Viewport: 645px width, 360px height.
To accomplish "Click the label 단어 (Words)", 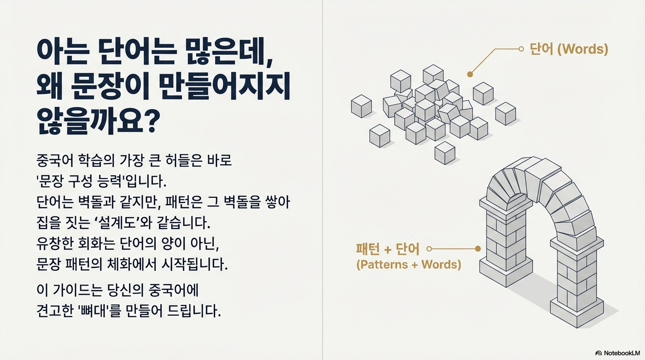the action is pos(569,49).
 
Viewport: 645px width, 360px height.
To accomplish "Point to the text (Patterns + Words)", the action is pos(408,264).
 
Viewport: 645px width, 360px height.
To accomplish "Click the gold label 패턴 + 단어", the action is pos(388,249).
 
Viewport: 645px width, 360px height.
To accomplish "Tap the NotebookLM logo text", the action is pos(622,352).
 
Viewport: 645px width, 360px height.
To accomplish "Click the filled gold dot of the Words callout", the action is pos(470,74).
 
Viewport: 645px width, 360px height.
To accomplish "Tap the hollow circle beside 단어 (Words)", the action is pos(521,49).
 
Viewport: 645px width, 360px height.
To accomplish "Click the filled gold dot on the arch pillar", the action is pos(478,249).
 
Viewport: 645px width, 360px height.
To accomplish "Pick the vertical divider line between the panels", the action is pos(322,180).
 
